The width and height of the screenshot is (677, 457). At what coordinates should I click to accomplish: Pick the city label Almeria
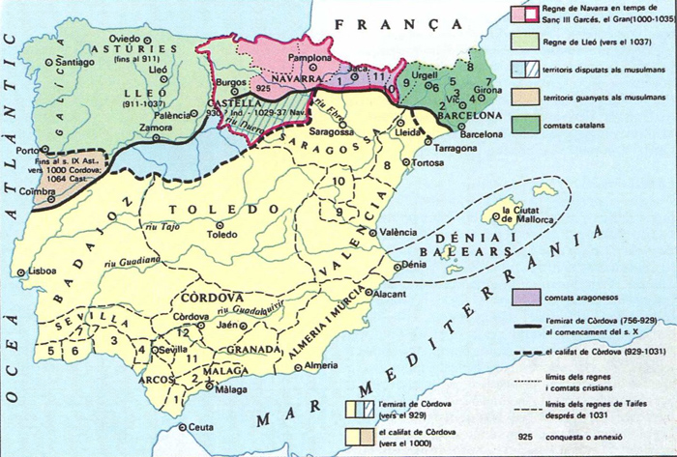pos(322,366)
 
